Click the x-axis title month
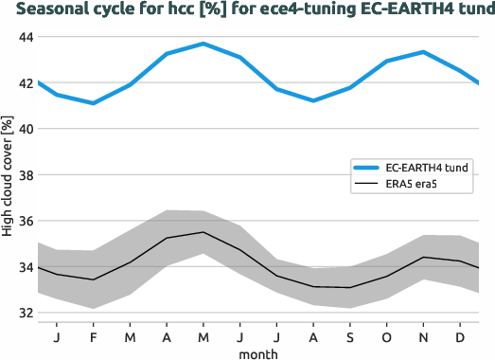point(258,351)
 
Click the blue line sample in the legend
point(364,168)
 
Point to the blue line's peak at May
point(203,44)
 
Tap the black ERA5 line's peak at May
point(203,232)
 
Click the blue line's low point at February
point(93,103)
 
